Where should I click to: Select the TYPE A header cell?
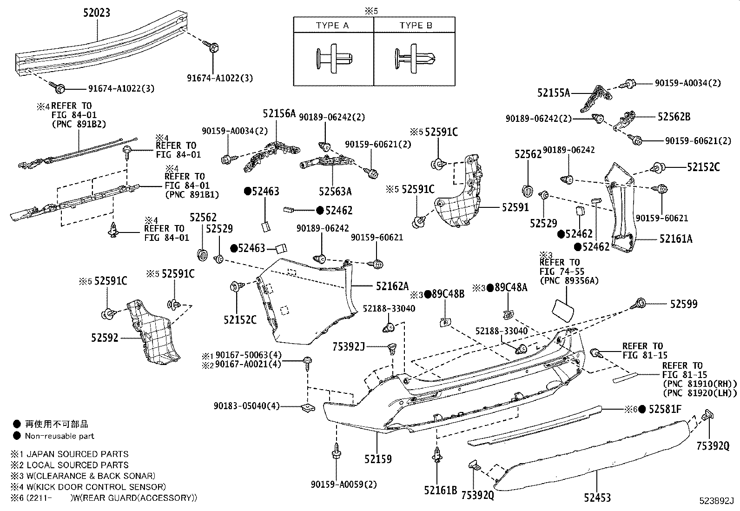point(333,25)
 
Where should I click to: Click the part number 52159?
point(378,459)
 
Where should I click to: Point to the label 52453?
point(597,498)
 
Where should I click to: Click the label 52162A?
point(392,286)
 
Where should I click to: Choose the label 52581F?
point(665,409)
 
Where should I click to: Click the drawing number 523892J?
point(716,501)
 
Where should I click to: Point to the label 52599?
point(683,304)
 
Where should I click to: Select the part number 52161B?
point(440,489)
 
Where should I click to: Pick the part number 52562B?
point(674,117)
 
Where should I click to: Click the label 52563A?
point(335,191)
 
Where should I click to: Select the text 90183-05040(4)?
point(247,406)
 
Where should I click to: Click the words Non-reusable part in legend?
point(59,436)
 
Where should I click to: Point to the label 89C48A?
point(511,288)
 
